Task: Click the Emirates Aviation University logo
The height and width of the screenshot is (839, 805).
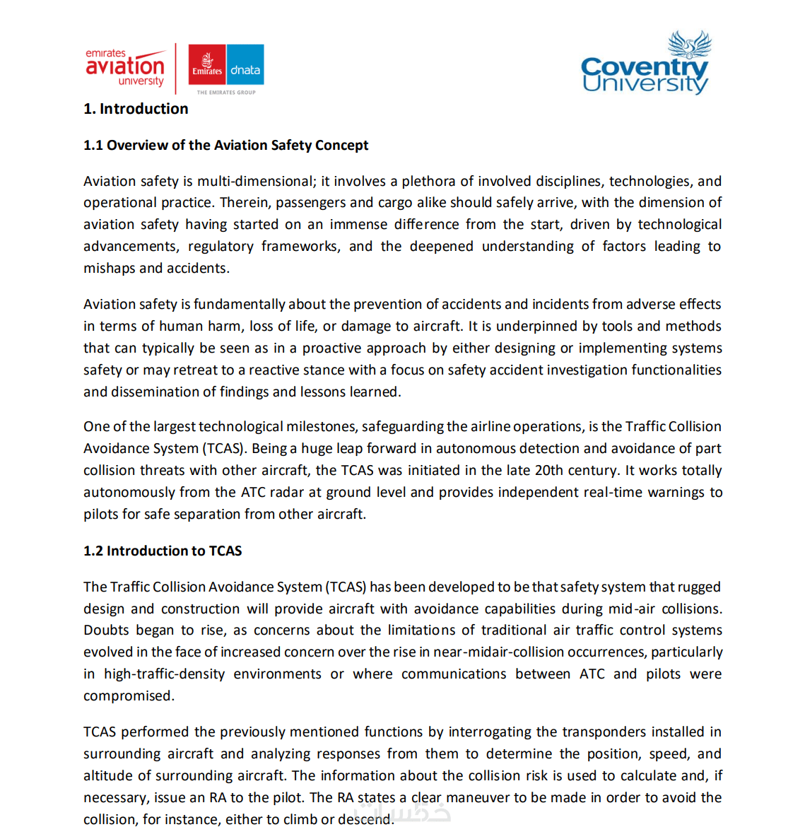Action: (x=125, y=68)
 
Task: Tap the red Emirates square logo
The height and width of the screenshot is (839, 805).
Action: (x=207, y=65)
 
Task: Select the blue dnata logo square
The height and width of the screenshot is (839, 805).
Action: (x=245, y=65)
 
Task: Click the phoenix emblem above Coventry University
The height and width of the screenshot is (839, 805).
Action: (x=689, y=44)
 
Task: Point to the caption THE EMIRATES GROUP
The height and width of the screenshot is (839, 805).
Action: (x=226, y=92)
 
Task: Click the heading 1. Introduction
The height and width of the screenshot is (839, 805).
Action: (x=136, y=109)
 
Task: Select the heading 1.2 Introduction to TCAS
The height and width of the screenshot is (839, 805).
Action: (x=163, y=551)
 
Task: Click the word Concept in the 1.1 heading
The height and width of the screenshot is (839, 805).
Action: (x=341, y=145)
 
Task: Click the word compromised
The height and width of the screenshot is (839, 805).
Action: (x=129, y=696)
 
